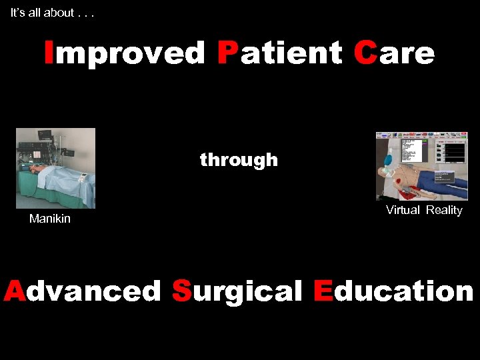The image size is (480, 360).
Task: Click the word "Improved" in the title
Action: [125, 53]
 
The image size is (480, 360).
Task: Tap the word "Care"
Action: [394, 53]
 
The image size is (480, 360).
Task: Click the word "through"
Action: [239, 160]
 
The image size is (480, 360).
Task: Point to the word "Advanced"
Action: [83, 291]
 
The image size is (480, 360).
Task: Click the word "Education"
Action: [393, 291]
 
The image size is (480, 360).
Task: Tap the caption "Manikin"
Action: [50, 219]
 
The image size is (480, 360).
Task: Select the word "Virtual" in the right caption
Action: [403, 210]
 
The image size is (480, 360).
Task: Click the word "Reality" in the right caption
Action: [444, 210]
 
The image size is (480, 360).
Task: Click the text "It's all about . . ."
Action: [52, 13]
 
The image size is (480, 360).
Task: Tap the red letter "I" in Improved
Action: [49, 53]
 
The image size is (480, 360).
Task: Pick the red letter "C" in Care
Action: [365, 53]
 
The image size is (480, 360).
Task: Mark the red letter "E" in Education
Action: [323, 291]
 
